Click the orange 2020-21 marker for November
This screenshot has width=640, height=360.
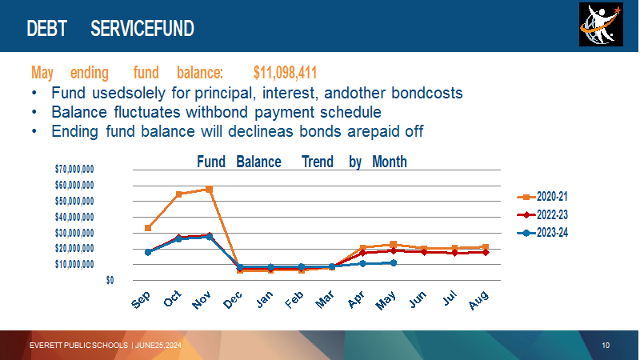tap(210, 189)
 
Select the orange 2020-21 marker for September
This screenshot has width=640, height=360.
tap(148, 228)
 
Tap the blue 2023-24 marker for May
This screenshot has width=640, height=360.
tap(394, 263)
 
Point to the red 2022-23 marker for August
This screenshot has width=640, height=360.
tap(486, 252)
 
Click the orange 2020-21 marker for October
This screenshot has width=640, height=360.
tap(178, 194)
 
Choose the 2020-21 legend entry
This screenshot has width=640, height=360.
tap(542, 197)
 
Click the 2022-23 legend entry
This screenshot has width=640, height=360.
tap(542, 214)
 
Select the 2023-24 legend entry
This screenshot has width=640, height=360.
tap(542, 233)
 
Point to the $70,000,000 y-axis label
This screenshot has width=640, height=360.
tap(74, 169)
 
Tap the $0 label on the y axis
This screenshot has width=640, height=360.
tap(110, 280)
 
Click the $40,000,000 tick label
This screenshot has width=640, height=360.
tap(74, 217)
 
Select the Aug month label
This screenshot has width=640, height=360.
tap(478, 300)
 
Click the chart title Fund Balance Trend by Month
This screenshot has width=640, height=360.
tap(302, 162)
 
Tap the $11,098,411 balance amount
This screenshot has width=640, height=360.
tap(285, 73)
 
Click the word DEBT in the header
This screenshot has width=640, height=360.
tap(46, 29)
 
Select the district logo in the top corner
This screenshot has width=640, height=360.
tap(601, 24)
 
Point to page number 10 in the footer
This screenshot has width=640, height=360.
tap(606, 346)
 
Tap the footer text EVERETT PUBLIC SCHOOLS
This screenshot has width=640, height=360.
tap(78, 346)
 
